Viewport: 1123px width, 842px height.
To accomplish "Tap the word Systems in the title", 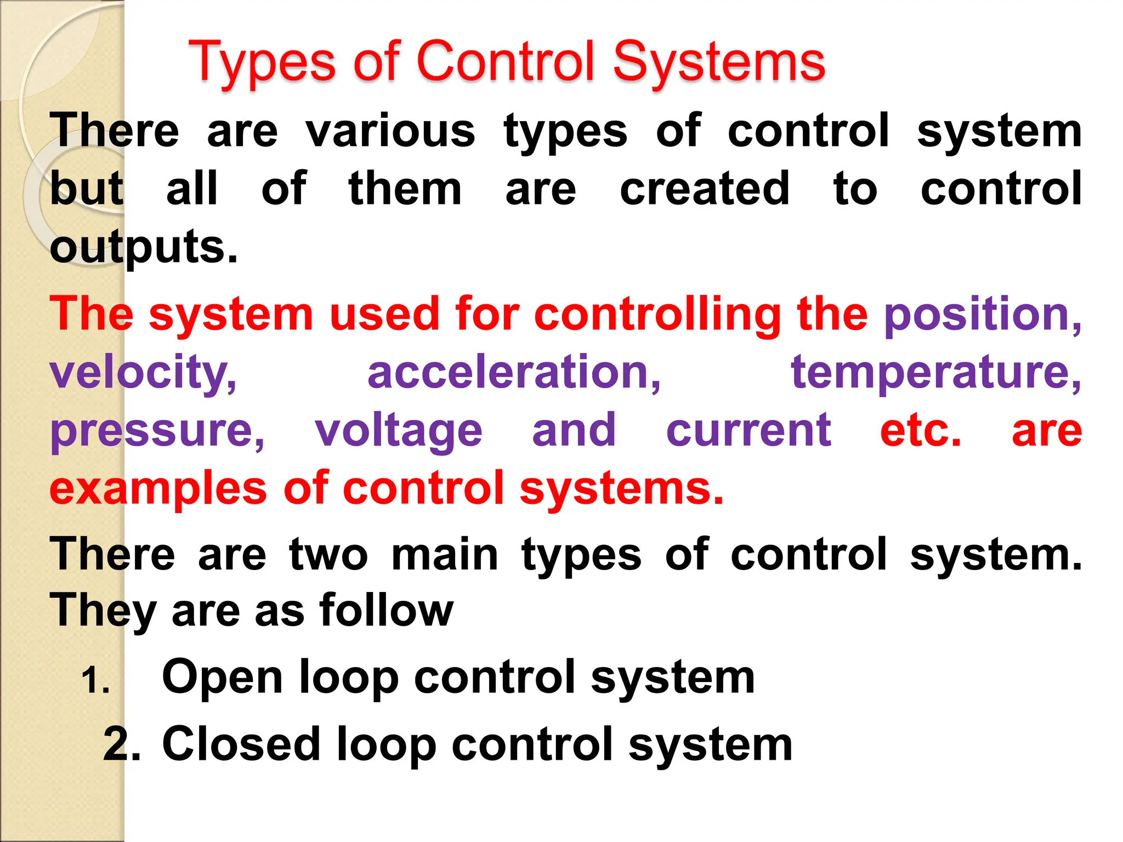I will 718,63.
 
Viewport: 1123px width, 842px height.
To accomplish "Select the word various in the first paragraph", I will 390,132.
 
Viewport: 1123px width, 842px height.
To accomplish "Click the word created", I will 705,189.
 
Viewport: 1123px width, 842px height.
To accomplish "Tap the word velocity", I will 143,373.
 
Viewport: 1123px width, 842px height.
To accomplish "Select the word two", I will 328,555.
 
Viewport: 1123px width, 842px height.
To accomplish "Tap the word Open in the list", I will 223,679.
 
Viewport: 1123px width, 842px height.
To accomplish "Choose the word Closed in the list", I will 241,744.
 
